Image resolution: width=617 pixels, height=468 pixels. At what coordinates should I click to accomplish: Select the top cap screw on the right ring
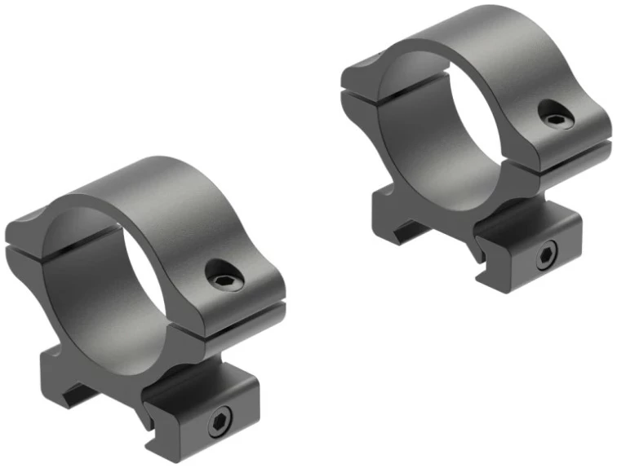tap(556, 120)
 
